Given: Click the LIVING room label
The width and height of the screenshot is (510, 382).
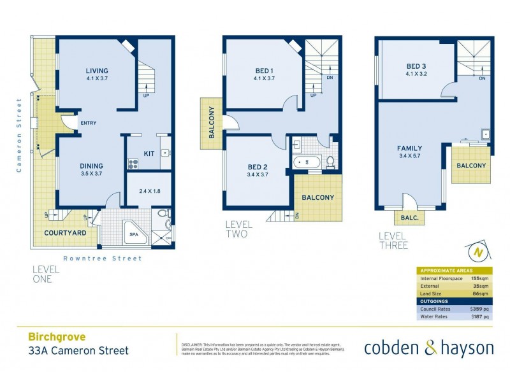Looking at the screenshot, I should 98,71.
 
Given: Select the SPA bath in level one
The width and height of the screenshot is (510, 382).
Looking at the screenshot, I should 134,234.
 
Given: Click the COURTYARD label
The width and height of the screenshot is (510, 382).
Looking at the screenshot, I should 65,233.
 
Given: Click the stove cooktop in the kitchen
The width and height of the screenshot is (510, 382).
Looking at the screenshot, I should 134,164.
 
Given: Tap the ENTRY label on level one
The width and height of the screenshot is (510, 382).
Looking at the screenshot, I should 88,123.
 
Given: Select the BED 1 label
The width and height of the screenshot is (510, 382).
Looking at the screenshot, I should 263,71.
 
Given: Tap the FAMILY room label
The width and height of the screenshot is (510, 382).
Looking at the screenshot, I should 411,148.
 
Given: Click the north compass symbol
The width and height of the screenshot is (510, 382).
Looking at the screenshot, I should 477,253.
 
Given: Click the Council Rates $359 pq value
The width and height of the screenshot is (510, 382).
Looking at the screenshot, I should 479,309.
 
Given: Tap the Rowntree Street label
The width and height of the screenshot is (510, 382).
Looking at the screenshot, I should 102,258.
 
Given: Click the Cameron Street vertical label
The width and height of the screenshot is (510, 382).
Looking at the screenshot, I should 20,135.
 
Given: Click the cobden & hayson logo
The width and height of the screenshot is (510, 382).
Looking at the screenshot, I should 428,348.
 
